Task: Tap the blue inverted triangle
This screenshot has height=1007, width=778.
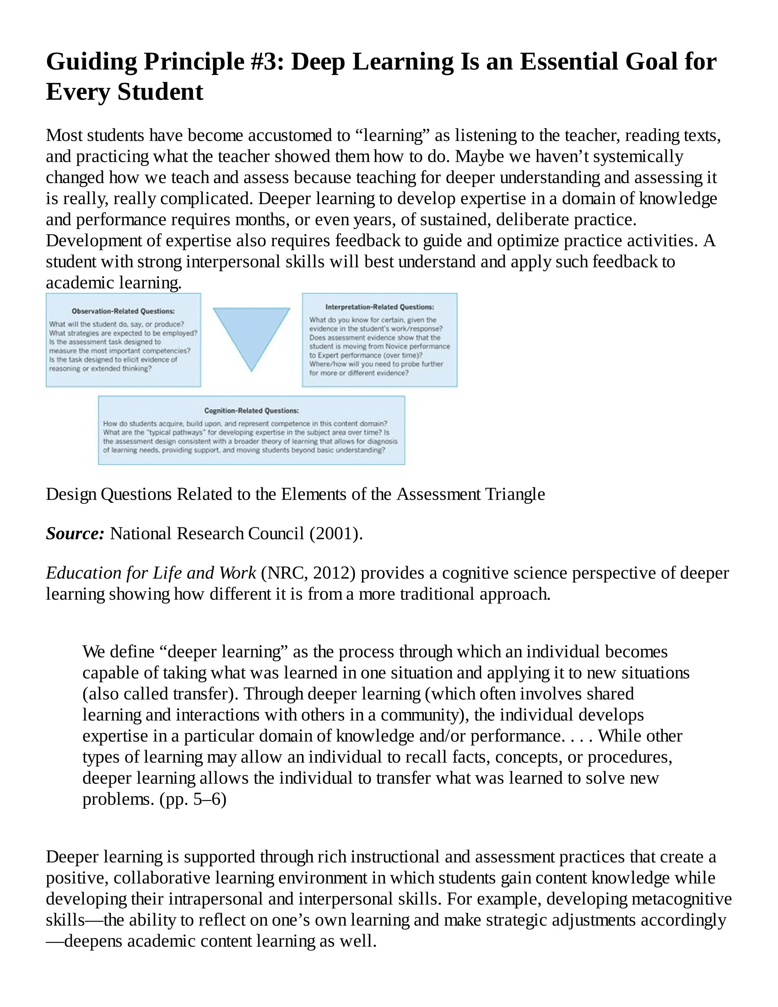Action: (251, 334)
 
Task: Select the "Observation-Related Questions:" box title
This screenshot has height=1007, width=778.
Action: (123, 311)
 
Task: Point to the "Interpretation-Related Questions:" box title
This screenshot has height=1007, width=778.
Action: (380, 307)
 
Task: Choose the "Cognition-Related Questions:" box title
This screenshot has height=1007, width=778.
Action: (251, 410)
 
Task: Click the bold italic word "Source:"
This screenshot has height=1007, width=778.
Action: (75, 534)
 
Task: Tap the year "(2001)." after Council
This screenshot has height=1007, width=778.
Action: (336, 534)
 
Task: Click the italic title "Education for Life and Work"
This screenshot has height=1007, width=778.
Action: (151, 573)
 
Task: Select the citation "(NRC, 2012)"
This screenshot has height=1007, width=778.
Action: (308, 573)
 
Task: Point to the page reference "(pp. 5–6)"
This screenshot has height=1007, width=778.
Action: (193, 799)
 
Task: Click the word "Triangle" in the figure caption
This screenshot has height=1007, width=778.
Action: (516, 494)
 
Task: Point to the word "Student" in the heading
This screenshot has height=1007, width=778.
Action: (160, 91)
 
